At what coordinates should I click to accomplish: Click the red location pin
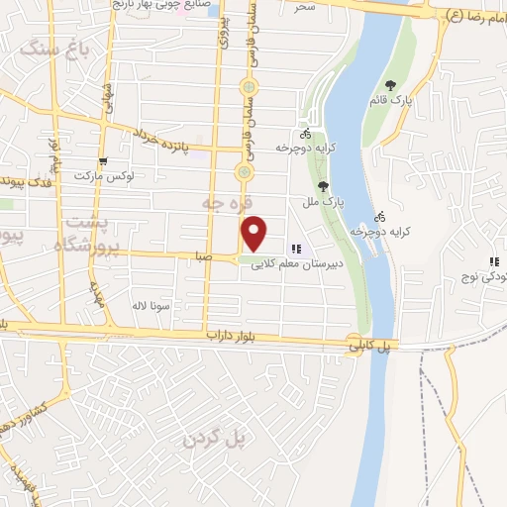pyautogui.click(x=254, y=233)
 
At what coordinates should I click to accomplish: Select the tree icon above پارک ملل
pyautogui.click(x=323, y=185)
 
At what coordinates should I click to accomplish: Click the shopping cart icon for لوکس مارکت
pyautogui.click(x=102, y=161)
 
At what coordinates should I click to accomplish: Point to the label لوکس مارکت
pyautogui.click(x=103, y=175)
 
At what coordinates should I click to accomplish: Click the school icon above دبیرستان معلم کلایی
pyautogui.click(x=295, y=249)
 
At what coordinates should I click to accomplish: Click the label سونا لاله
pyautogui.click(x=152, y=305)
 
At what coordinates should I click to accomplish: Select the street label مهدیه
pyautogui.click(x=97, y=293)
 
